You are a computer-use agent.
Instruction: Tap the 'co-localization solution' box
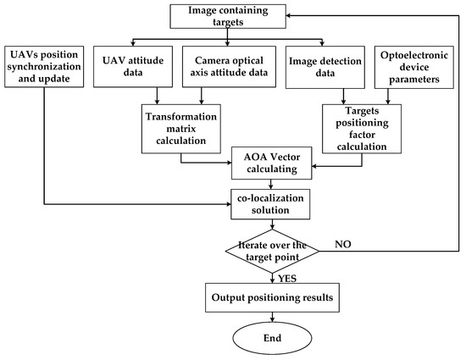tap(271, 202)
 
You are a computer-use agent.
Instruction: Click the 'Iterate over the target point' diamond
tap(271, 249)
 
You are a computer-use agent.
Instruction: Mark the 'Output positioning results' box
tap(271, 298)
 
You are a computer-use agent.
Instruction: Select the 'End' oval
tap(271, 338)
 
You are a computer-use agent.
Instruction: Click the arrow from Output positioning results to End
tap(271, 315)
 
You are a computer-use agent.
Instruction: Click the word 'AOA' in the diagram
tap(249, 155)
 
